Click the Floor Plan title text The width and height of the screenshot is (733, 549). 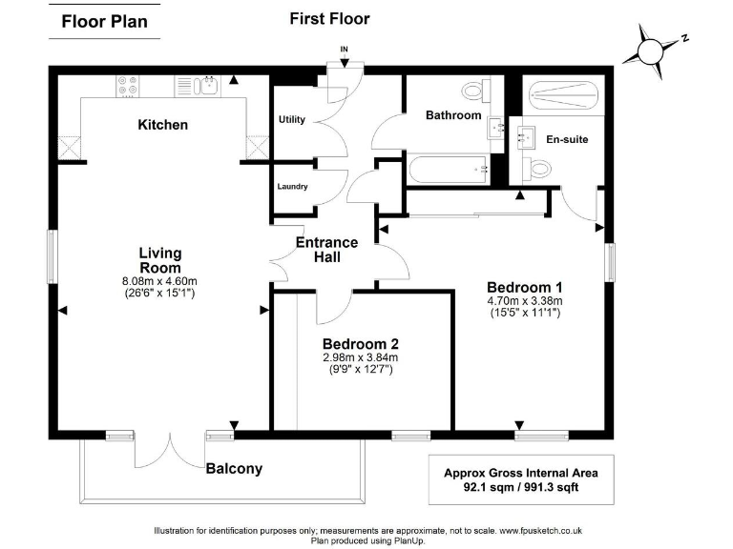pos(105,22)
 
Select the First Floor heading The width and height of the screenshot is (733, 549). pos(329,18)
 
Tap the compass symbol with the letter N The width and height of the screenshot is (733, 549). pos(654,49)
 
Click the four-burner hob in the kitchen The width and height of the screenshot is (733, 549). pos(129,87)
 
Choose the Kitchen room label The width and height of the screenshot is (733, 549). pos(163,125)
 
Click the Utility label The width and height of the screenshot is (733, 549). pos(292,120)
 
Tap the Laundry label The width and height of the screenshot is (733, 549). pos(292,186)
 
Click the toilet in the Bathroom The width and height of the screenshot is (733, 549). pos(475,91)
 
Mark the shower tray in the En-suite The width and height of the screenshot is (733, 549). pos(563,94)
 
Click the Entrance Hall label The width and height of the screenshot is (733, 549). pos(326,250)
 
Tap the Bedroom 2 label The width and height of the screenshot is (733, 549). pos(360,344)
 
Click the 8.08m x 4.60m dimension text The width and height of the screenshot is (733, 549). pos(160,281)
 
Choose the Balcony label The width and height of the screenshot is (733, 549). pos(234,469)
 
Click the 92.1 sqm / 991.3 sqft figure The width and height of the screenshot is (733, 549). pos(520,487)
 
